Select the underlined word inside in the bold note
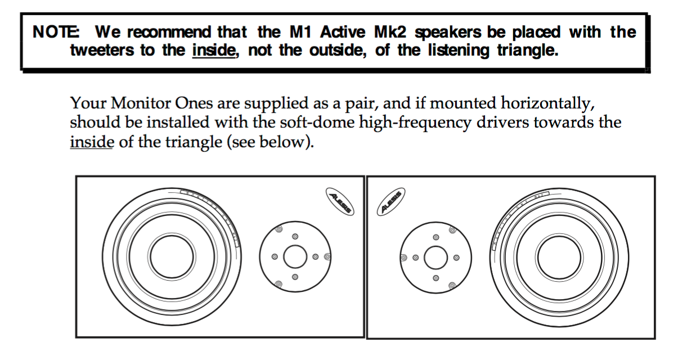point(213,51)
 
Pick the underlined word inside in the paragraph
point(92,142)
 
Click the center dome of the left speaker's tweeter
point(295,257)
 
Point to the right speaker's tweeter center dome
point(435,258)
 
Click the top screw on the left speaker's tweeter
point(295,237)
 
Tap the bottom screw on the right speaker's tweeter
point(435,278)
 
